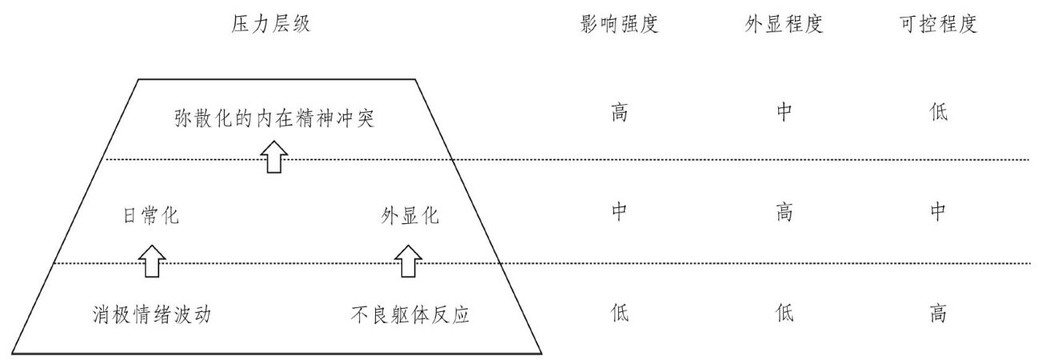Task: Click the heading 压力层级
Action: tap(269, 25)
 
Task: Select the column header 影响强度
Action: tap(621, 25)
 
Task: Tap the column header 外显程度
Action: tap(784, 25)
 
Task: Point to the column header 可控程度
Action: tap(938, 25)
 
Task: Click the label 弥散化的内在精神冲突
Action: tap(274, 119)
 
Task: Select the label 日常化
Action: tap(150, 216)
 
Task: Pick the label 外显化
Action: tap(410, 216)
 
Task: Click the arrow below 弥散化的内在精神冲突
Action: tap(274, 159)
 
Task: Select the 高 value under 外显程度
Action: tap(784, 212)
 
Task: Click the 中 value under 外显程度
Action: tap(784, 112)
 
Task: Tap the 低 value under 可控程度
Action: tap(938, 112)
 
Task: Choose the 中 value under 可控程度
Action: tap(938, 212)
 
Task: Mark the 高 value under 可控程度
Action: tap(938, 312)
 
